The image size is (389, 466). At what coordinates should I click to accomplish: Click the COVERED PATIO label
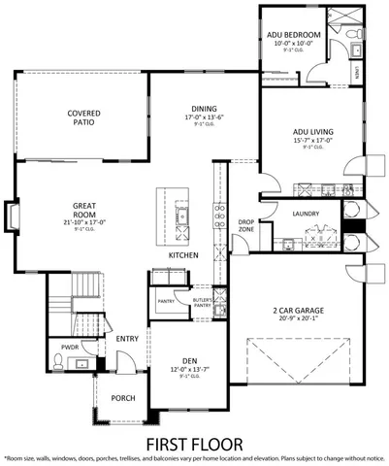point(84,118)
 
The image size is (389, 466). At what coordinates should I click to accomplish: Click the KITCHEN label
point(183,254)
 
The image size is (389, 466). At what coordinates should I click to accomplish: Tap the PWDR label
point(70,346)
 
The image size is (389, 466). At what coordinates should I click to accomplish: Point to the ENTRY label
point(126,339)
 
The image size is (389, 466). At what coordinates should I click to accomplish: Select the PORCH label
point(123,398)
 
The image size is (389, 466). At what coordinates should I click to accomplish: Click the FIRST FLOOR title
point(194,443)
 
